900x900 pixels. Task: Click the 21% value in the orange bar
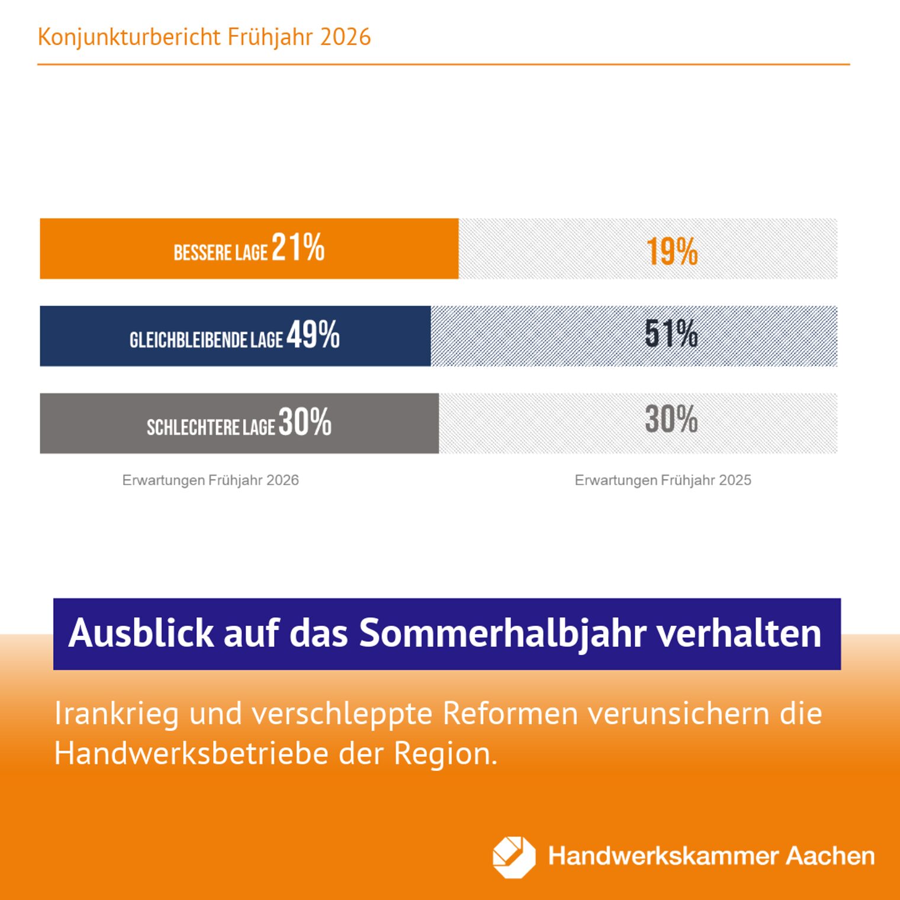point(298,247)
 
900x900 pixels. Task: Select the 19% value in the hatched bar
point(671,251)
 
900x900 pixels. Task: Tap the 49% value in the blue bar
point(313,335)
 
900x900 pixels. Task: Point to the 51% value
point(671,333)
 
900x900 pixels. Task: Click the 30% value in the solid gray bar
point(305,422)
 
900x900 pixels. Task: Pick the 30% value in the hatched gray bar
point(671,419)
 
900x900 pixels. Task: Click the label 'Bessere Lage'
point(220,253)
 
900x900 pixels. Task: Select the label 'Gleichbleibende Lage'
point(206,340)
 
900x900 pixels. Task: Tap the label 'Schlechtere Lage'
point(211,427)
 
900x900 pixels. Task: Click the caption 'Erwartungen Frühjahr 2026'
point(210,480)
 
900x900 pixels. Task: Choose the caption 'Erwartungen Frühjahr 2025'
point(663,480)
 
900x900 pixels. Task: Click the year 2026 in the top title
point(345,37)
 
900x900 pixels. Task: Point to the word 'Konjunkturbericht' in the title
point(129,37)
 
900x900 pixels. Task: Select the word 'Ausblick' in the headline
point(142,633)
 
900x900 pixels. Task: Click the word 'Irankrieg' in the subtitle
point(116,713)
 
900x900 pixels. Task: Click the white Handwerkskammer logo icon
point(513,857)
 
